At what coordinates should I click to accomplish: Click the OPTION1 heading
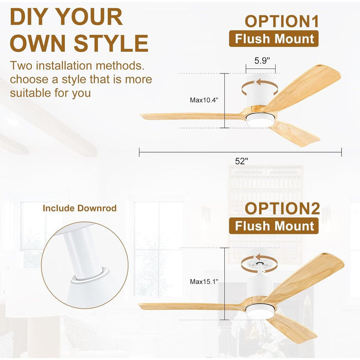pyautogui.click(x=282, y=22)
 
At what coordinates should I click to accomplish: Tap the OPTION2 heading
pyautogui.click(x=282, y=208)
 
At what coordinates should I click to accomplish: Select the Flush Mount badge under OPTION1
pyautogui.click(x=274, y=39)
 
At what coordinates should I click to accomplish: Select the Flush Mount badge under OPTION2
pyautogui.click(x=274, y=226)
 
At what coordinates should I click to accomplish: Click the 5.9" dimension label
pyautogui.click(x=262, y=61)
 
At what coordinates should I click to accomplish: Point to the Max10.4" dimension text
pyautogui.click(x=204, y=100)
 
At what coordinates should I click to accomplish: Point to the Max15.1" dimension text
pyautogui.click(x=204, y=281)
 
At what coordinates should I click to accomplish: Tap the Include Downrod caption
pyautogui.click(x=80, y=208)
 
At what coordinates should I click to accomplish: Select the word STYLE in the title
pyautogui.click(x=111, y=43)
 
